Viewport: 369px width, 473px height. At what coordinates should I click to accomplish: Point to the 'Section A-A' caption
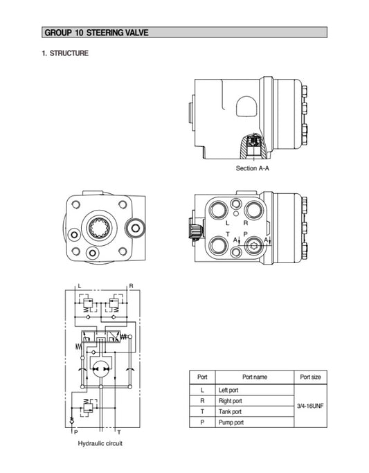click(x=253, y=168)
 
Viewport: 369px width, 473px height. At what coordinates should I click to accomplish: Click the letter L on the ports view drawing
click(x=228, y=223)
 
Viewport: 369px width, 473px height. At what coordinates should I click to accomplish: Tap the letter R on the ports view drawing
click(x=245, y=223)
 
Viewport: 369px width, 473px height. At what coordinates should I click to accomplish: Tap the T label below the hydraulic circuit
click(x=118, y=431)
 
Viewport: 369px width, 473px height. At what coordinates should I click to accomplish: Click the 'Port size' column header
click(x=309, y=377)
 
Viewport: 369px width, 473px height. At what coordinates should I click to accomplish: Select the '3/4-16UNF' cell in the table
click(x=309, y=405)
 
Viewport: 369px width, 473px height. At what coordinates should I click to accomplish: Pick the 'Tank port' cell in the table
click(x=230, y=411)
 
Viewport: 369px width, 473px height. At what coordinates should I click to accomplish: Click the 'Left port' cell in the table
click(x=229, y=391)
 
